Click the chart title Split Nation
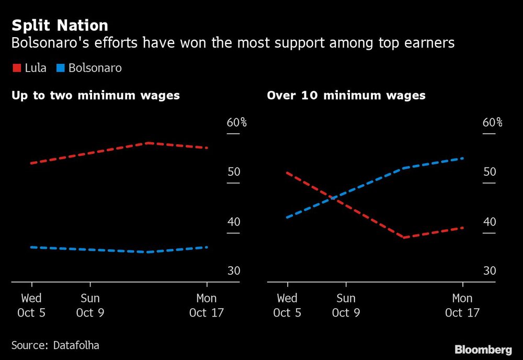(x=60, y=26)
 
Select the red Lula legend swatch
(x=16, y=68)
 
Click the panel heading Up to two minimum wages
(x=96, y=95)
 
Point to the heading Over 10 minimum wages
(x=346, y=95)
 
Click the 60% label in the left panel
(x=236, y=122)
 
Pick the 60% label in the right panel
(x=492, y=122)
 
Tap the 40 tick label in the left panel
(x=233, y=222)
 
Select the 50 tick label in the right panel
(x=489, y=172)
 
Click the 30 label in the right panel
(x=489, y=271)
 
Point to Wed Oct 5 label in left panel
(x=31, y=306)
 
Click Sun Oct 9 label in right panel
(x=346, y=306)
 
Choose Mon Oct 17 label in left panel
(x=207, y=306)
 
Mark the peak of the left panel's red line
(x=149, y=142)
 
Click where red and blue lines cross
(x=333, y=197)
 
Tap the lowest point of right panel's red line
(x=404, y=238)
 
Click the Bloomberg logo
(x=483, y=350)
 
